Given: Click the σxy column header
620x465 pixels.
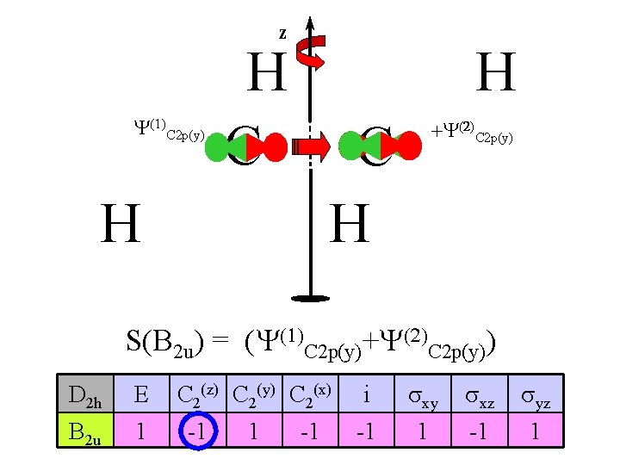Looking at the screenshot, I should click(422, 397).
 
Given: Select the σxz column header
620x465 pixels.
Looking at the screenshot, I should click(478, 397).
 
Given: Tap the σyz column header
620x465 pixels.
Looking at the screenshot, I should click(534, 397).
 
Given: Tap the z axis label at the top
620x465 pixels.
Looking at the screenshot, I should click(282, 34).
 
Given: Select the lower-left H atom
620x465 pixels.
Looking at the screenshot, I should click(121, 225).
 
